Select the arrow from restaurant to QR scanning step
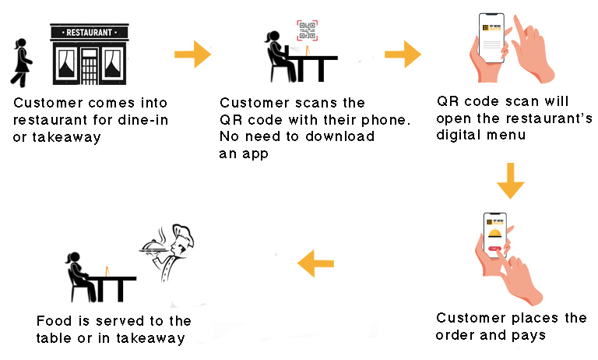click(192, 55)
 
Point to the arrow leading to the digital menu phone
click(403, 55)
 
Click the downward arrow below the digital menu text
click(511, 181)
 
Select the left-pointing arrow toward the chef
click(317, 263)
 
